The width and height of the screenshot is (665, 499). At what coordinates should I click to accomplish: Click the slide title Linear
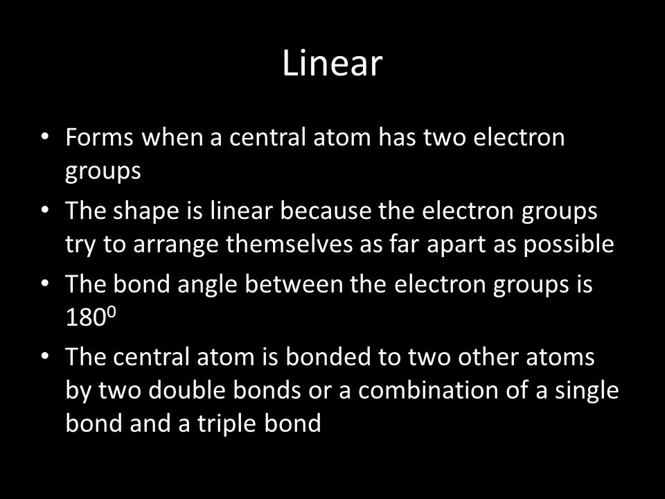(x=332, y=63)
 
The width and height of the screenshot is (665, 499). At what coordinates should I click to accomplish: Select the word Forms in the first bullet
(x=100, y=137)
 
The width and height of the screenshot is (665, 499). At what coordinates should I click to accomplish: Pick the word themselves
(x=290, y=244)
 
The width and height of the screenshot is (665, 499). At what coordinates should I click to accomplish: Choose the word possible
(x=568, y=245)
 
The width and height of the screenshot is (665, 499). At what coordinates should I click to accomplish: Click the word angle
(x=207, y=285)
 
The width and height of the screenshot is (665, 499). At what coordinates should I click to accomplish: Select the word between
(x=294, y=283)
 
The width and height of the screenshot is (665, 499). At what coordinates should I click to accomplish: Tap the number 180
(x=85, y=317)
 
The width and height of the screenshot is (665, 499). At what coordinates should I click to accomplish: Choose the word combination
(x=427, y=389)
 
